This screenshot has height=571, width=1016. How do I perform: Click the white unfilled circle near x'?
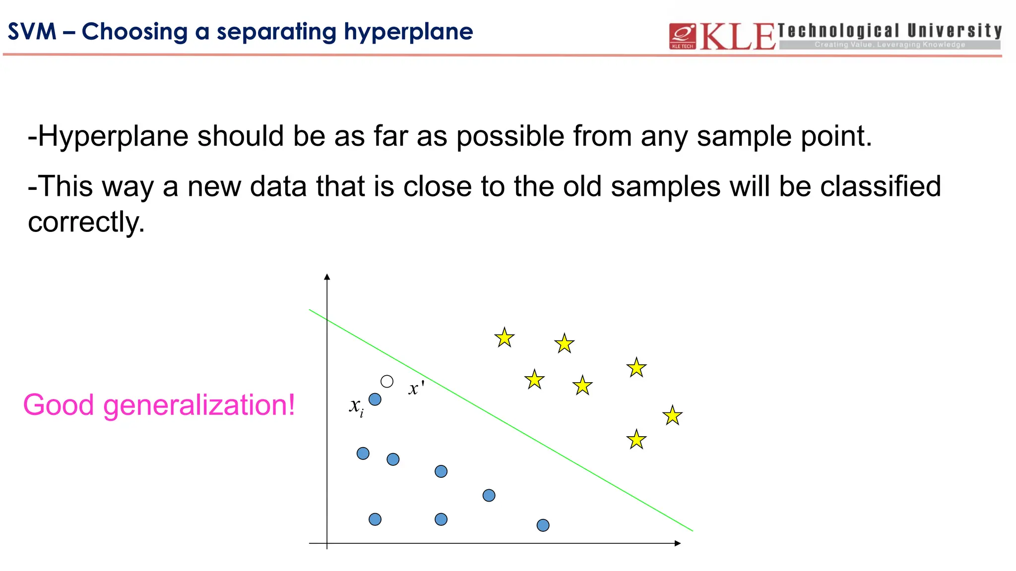[387, 381]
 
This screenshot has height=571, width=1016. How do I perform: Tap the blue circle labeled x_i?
[375, 399]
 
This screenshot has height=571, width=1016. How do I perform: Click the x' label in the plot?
[416, 388]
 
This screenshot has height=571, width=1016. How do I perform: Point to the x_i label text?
[356, 406]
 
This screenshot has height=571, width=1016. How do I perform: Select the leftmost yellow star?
[505, 338]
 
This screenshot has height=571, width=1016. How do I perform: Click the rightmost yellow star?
[672, 415]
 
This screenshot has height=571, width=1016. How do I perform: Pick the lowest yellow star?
[636, 440]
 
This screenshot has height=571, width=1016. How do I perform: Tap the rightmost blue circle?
[543, 525]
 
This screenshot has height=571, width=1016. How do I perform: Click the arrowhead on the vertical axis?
[327, 277]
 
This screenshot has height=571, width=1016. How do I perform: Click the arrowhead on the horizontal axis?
[678, 543]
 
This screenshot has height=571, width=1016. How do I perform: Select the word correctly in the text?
[86, 222]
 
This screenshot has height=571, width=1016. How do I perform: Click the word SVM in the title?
[32, 32]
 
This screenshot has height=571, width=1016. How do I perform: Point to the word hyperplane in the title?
[408, 32]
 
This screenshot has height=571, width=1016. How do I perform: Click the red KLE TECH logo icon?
[683, 36]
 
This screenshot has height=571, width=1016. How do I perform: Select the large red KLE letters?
[737, 37]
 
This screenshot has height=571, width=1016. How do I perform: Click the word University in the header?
[954, 31]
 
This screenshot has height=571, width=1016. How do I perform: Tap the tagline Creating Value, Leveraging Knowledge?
[889, 45]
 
